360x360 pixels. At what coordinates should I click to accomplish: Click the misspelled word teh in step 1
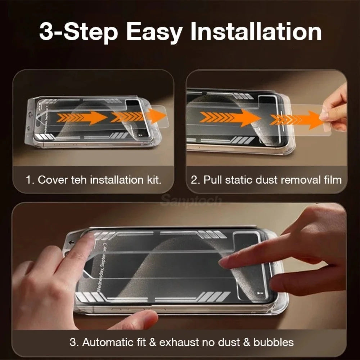point(78,180)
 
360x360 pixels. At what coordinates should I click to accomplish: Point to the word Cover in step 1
point(53,180)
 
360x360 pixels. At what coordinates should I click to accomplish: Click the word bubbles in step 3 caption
point(273,342)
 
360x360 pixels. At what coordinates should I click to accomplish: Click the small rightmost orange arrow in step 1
point(156,116)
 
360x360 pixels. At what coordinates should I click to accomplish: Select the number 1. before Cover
point(30,180)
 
